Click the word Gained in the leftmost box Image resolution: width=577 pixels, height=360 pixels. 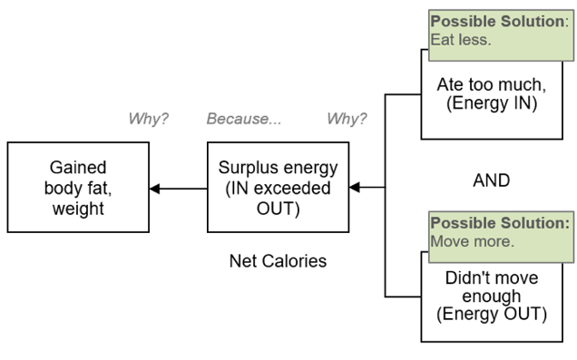pos(75,169)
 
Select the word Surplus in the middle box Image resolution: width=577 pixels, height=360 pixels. pos(246,168)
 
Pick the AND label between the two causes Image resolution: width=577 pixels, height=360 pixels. pos(491,181)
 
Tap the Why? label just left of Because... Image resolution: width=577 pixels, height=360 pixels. pos(149,120)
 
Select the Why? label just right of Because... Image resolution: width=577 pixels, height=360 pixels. pos(346,120)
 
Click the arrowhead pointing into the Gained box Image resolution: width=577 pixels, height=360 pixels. pos(155,189)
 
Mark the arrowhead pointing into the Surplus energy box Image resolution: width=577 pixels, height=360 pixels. pos(355,188)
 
